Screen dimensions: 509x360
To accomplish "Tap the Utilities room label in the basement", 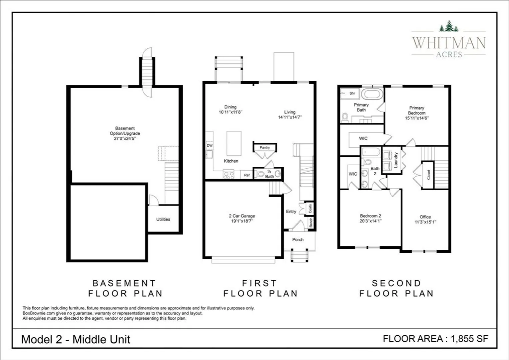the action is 163,219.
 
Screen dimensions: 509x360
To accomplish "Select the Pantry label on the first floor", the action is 265,148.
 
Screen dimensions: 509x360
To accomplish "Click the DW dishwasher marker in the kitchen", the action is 210,146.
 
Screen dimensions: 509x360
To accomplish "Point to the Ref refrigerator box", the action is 247,175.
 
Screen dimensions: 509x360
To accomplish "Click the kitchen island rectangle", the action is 234,143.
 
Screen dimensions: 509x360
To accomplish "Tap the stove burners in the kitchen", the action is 229,175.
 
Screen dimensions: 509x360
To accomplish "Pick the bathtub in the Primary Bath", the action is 372,94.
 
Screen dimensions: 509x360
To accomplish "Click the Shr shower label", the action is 352,93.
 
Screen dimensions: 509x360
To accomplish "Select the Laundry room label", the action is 396,160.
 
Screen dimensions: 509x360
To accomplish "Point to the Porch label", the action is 298,240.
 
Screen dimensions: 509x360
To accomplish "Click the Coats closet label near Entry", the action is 310,209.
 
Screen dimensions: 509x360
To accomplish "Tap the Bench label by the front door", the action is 311,223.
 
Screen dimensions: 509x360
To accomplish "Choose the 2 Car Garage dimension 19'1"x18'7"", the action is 242,221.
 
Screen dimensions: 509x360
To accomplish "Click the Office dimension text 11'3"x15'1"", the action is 425,222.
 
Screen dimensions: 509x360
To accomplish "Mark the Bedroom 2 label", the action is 371,216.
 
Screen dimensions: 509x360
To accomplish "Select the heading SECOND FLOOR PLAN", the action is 396,288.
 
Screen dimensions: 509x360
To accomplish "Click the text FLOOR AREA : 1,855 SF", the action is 436,339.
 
